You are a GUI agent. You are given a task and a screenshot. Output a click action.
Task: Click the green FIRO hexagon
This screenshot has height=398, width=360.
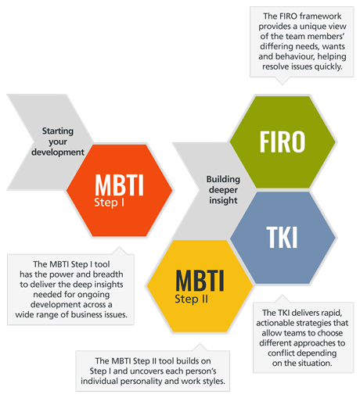283,142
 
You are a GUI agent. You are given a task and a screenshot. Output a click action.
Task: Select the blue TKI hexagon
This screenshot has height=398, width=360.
283,238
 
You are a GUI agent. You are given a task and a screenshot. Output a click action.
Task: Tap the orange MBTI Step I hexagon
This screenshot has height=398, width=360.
120,191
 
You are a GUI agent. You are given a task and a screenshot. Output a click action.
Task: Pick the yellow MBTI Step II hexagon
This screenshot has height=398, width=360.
200,286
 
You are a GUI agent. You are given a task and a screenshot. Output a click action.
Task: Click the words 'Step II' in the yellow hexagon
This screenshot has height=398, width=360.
191,299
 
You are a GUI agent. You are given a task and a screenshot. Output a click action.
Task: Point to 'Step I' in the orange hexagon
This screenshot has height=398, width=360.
109,203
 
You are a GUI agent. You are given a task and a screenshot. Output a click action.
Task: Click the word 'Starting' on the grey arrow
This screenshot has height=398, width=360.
58,131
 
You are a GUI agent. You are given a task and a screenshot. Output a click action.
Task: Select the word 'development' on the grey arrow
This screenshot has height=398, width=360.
58,152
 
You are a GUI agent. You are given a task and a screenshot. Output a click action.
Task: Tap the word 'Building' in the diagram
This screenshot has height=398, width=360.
223,179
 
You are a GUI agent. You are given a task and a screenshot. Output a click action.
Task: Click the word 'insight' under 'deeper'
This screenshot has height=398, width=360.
223,200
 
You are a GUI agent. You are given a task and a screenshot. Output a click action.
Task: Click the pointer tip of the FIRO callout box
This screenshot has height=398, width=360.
283,84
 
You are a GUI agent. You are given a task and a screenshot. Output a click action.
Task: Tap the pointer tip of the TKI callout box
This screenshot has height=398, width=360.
283,295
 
